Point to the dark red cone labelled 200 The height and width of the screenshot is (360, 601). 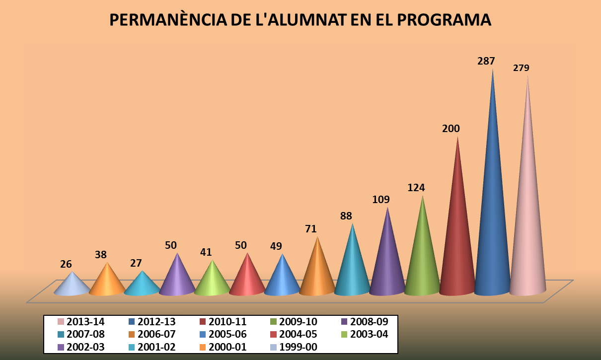(457, 238)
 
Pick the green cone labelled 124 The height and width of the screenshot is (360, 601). (422, 258)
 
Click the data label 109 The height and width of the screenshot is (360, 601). (381, 200)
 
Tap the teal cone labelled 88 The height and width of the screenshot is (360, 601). (352, 268)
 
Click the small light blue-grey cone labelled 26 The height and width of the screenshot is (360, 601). (73, 285)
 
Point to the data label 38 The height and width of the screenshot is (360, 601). (101, 255)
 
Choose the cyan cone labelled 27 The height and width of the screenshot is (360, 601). (143, 285)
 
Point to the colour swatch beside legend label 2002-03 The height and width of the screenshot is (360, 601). (61, 347)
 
